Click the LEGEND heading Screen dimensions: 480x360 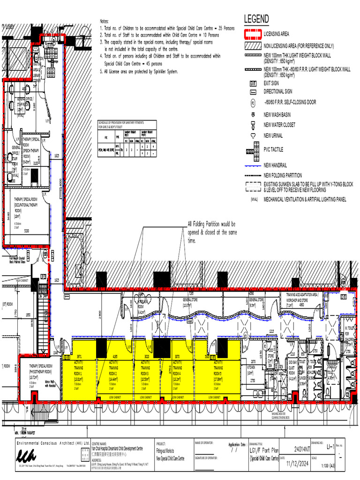coord(256,19)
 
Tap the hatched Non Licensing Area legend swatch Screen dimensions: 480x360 coord(252,46)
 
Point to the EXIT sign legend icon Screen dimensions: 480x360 coord(253,83)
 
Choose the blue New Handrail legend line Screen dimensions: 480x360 coord(252,165)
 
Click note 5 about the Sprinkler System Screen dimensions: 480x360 coord(139,72)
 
